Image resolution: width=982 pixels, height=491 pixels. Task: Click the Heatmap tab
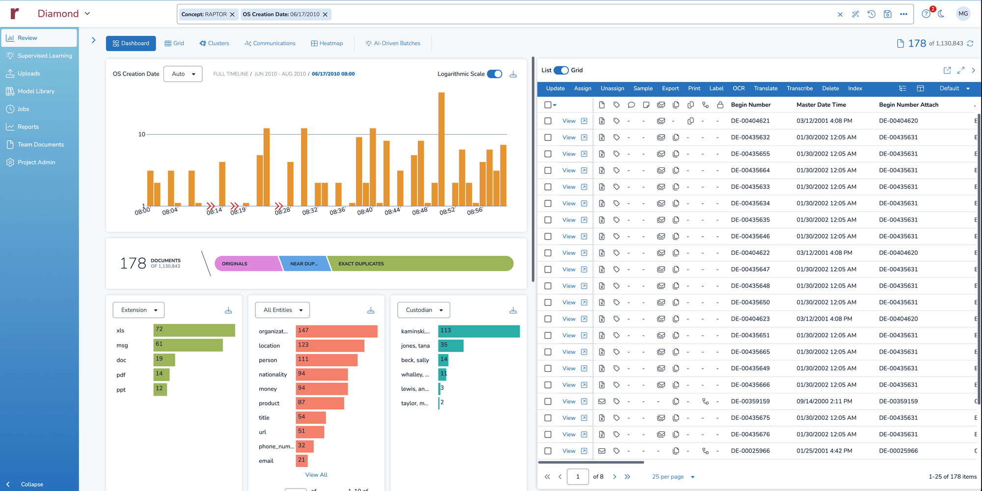pos(327,43)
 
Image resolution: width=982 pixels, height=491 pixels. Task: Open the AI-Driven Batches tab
pos(393,43)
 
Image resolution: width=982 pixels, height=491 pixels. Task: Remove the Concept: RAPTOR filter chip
pos(232,14)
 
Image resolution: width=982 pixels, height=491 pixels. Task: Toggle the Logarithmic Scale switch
pos(494,74)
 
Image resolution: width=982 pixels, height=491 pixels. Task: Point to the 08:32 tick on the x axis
pos(310,211)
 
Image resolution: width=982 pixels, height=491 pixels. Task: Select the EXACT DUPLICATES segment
pos(420,264)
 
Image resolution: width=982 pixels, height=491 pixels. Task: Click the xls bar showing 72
pos(194,330)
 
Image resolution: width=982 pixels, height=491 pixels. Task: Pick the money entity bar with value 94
pos(322,388)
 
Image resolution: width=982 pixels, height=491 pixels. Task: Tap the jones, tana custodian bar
pos(450,345)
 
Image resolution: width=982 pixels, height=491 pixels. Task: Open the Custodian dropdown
pos(423,310)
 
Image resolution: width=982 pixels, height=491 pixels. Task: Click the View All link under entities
pos(316,475)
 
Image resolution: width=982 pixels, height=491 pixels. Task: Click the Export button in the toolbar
pos(670,88)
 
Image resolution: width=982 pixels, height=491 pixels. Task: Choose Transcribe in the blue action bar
pos(799,88)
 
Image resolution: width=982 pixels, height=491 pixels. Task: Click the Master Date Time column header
pos(821,105)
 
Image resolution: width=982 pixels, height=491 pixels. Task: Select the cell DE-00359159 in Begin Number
pos(750,401)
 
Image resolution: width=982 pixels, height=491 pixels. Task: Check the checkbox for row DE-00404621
pos(548,121)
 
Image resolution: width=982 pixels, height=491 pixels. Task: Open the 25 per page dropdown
pos(673,477)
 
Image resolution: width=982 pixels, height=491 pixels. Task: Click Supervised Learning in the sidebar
pos(44,55)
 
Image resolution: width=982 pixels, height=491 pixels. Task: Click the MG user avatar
pos(963,14)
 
